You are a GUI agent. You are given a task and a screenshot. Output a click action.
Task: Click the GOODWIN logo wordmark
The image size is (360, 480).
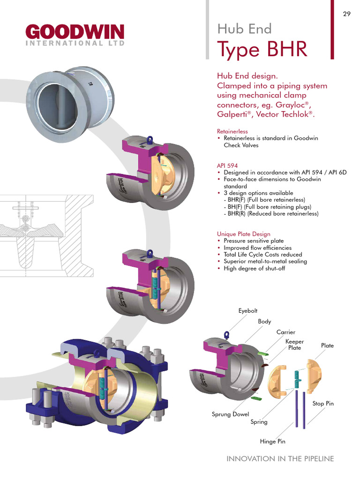point(75,32)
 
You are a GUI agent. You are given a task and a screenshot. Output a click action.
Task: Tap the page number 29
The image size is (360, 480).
point(346,14)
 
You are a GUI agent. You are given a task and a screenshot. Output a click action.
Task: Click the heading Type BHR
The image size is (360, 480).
point(262,49)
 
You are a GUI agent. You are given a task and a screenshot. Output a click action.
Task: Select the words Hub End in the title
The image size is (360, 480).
point(244,29)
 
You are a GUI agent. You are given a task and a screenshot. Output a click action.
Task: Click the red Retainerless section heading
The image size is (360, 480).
point(232,131)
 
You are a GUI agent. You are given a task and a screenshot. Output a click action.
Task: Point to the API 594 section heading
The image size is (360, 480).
point(227,165)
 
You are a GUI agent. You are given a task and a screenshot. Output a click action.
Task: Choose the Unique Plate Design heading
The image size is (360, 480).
point(243,234)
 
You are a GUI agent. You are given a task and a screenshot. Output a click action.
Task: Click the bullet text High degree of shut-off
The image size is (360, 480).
point(254,268)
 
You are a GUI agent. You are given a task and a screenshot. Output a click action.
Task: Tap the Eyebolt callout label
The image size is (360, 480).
point(248,311)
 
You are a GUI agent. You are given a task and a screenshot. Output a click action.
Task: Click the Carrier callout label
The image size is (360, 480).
point(285,332)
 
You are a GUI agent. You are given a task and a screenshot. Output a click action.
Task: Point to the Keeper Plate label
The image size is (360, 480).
point(295,345)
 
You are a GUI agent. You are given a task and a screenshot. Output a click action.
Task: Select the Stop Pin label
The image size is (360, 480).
point(323,404)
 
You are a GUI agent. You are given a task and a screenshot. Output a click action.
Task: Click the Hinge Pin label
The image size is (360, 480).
point(272,442)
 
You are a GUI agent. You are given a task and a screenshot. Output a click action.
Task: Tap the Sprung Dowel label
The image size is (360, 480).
point(231,414)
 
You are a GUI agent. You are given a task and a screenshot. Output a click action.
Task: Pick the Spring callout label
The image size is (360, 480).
point(259,422)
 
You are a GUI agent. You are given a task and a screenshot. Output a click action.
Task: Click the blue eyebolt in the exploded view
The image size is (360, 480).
point(227,335)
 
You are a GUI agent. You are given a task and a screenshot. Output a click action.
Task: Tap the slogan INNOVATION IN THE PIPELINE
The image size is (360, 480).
point(280,459)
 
